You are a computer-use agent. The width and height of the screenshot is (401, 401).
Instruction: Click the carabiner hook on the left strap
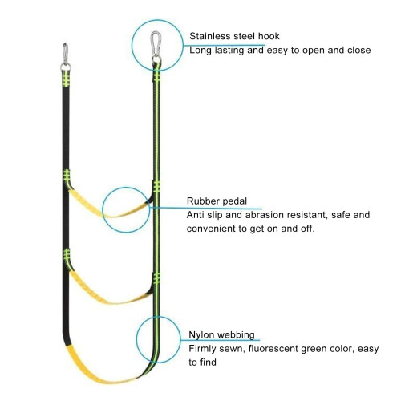point(65,52)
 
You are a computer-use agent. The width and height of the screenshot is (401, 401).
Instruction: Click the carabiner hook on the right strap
point(156,43)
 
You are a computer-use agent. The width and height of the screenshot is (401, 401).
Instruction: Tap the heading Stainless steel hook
point(234,36)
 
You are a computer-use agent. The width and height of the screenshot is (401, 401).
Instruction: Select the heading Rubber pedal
point(217,201)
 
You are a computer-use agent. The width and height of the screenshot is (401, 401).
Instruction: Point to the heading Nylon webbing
point(221,334)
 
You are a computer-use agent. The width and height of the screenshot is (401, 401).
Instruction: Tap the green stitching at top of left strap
point(66,79)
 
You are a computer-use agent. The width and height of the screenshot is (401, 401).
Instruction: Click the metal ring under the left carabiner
point(66,66)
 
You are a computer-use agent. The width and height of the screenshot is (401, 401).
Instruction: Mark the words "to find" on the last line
point(202,363)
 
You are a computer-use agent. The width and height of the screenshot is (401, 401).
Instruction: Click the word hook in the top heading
point(269,36)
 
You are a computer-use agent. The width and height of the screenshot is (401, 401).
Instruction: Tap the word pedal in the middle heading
point(234,201)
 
